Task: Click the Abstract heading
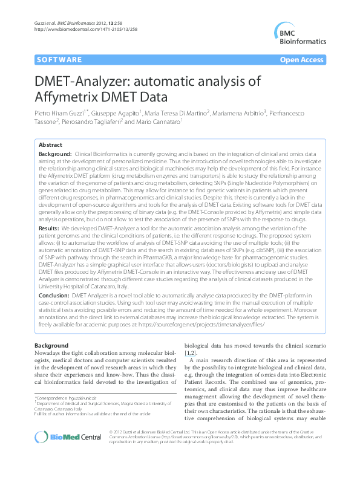(x=50, y=145)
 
